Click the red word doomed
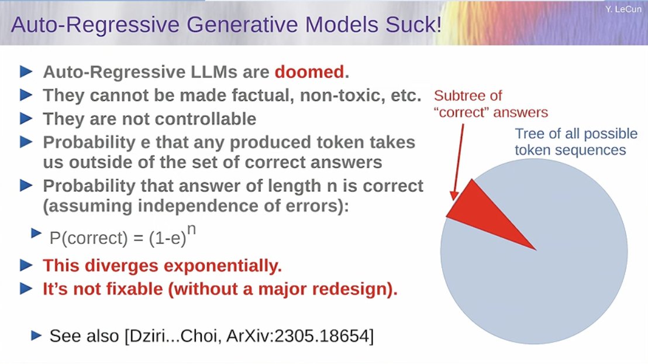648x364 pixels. point(309,72)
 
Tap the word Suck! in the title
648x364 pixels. point(413,24)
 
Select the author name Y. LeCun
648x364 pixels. point(623,9)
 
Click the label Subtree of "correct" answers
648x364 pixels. point(491,104)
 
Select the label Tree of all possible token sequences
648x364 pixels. point(576,142)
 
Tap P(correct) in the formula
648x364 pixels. point(88,238)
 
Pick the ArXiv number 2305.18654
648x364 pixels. point(322,335)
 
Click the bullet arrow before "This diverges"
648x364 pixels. point(26,265)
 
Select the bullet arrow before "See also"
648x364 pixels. point(36,335)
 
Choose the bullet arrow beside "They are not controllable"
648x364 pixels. point(26,119)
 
